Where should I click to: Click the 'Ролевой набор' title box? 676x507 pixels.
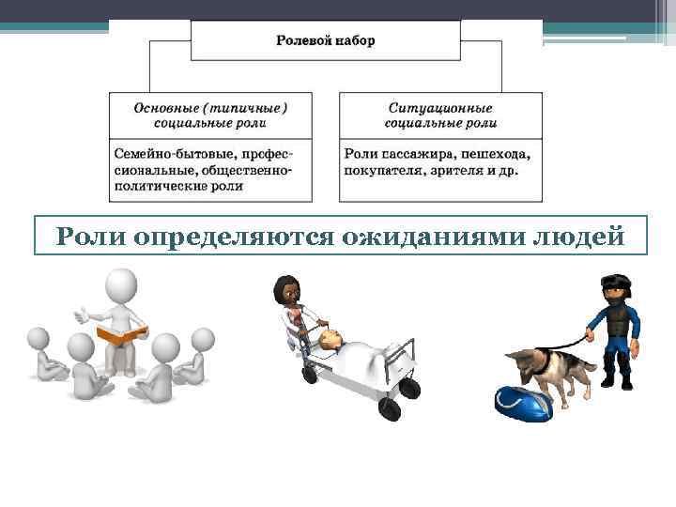coord(326,41)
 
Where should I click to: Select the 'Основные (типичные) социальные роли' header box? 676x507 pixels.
coord(210,115)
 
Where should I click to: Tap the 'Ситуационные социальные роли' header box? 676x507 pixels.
coord(440,115)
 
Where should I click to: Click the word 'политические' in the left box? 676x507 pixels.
coord(159,186)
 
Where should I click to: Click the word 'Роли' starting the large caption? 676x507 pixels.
coord(86,236)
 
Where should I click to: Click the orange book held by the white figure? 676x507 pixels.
coord(122,333)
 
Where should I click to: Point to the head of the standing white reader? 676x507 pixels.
coord(119,285)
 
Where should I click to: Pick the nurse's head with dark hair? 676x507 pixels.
coord(285,291)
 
